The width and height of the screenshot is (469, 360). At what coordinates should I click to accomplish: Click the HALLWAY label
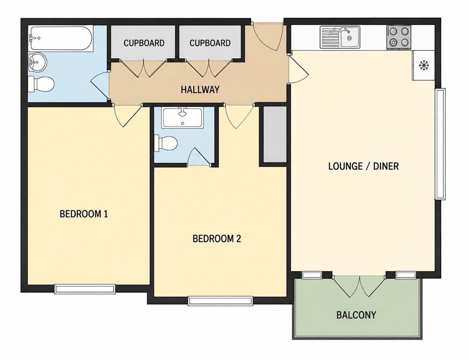tap(200, 90)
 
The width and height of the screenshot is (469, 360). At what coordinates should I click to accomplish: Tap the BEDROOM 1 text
tap(84, 214)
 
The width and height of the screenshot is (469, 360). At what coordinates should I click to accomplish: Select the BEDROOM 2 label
tap(217, 239)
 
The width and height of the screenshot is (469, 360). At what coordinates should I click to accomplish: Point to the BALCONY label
tap(356, 315)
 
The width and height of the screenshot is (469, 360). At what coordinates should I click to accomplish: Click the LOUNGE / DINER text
tap(364, 166)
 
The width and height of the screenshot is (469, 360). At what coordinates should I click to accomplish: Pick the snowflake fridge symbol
tap(424, 65)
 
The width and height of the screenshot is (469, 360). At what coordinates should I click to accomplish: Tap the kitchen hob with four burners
tap(399, 37)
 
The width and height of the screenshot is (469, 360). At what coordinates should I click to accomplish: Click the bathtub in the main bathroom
tap(61, 38)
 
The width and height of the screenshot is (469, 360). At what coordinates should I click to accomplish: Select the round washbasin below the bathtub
tap(38, 62)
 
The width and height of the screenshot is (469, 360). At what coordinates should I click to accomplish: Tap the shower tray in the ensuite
tap(183, 118)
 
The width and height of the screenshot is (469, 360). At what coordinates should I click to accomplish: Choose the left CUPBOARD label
tap(144, 43)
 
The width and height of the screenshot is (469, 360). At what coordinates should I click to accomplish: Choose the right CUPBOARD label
tap(210, 43)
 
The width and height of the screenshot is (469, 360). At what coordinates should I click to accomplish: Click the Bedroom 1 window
tap(85, 289)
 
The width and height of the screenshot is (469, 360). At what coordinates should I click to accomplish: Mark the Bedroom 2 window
tap(220, 301)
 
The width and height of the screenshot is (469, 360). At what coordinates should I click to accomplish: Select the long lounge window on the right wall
tap(440, 144)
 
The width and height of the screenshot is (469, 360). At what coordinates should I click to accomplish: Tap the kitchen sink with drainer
tap(340, 37)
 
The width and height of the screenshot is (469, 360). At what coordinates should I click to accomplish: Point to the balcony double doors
tap(359, 287)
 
